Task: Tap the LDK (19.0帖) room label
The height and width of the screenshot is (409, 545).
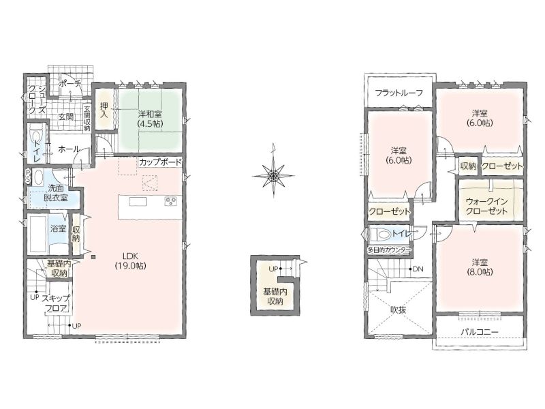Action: tap(130, 261)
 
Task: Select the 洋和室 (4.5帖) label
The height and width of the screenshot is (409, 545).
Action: tap(150, 118)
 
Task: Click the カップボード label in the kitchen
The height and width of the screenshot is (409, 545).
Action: tap(160, 162)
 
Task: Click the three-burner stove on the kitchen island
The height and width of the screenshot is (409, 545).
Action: tap(171, 201)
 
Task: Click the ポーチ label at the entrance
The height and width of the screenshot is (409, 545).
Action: tap(70, 83)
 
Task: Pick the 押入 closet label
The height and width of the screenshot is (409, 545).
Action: tap(104, 109)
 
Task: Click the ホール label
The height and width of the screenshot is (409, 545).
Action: tap(69, 149)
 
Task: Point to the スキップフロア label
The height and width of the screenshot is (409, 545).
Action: tap(56, 303)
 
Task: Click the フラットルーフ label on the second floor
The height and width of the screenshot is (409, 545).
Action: tap(399, 93)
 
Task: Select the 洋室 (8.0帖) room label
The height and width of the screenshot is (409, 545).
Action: tap(480, 267)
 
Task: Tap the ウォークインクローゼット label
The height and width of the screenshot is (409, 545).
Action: tap(486, 207)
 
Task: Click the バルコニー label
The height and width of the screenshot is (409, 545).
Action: tap(480, 332)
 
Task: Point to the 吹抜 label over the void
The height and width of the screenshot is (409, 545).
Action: tap(399, 309)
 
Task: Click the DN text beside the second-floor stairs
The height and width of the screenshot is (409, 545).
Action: tap(418, 269)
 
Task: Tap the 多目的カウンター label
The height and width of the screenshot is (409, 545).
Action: tap(389, 250)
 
